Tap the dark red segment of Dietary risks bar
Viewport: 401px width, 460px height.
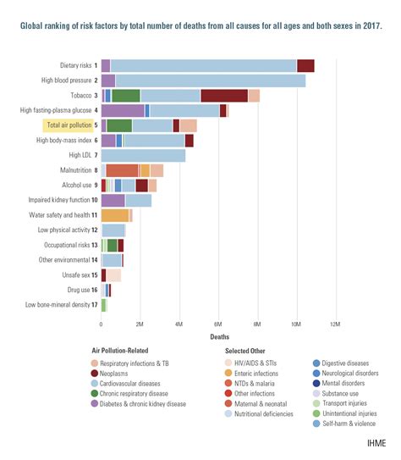(x=305, y=65)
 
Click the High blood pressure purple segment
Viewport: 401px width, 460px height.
(x=107, y=80)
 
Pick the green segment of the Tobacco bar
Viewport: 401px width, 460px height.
(x=126, y=96)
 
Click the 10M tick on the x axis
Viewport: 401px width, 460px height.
(x=296, y=324)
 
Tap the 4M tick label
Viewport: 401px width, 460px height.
(x=179, y=324)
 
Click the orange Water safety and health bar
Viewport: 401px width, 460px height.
(x=114, y=216)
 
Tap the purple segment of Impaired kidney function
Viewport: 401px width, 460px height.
(x=113, y=201)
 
